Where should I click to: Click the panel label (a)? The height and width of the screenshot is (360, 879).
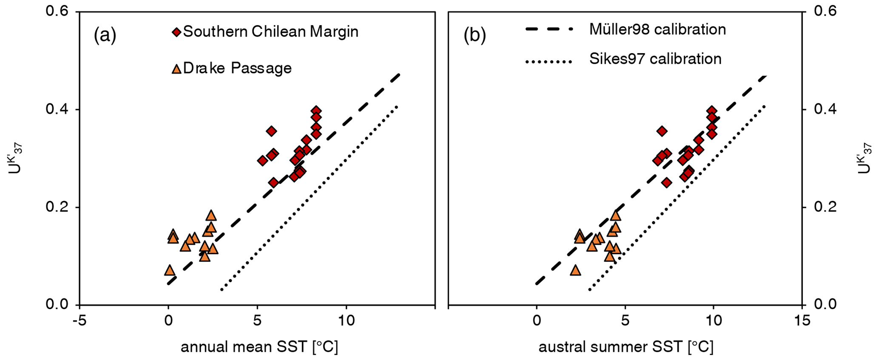pos(105,35)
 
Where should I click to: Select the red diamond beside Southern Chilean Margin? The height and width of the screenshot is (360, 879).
pos(176,32)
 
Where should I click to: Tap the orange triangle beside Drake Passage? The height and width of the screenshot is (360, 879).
pos(176,68)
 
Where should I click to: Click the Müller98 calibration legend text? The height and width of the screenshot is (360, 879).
pos(657,29)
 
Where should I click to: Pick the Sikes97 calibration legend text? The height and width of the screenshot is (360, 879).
pos(655,59)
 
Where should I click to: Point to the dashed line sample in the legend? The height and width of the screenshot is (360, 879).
pos(549,29)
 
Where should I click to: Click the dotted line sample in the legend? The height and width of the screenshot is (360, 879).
pos(549,62)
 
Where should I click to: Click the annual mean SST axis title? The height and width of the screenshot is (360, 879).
pos(259,347)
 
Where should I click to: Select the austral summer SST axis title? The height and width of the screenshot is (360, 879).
pos(626,347)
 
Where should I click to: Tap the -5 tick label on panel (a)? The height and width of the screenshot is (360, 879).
pos(79,320)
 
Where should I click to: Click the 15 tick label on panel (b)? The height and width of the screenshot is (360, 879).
pos(802,320)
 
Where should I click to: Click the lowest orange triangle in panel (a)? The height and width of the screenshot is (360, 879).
pos(169,270)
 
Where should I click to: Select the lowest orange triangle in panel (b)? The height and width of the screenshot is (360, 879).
pos(575,270)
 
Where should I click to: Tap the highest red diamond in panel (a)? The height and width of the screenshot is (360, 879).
pos(316,111)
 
